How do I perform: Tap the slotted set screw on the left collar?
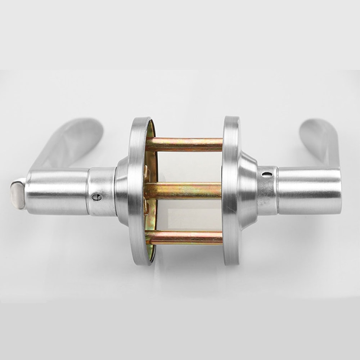pyautogui.click(x=96, y=197)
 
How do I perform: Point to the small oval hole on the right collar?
pyautogui.click(x=267, y=175)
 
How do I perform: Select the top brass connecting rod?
pyautogui.click(x=184, y=144)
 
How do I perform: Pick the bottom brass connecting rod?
pyautogui.click(x=184, y=238)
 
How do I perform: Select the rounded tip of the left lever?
pyautogui.click(x=92, y=124)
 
